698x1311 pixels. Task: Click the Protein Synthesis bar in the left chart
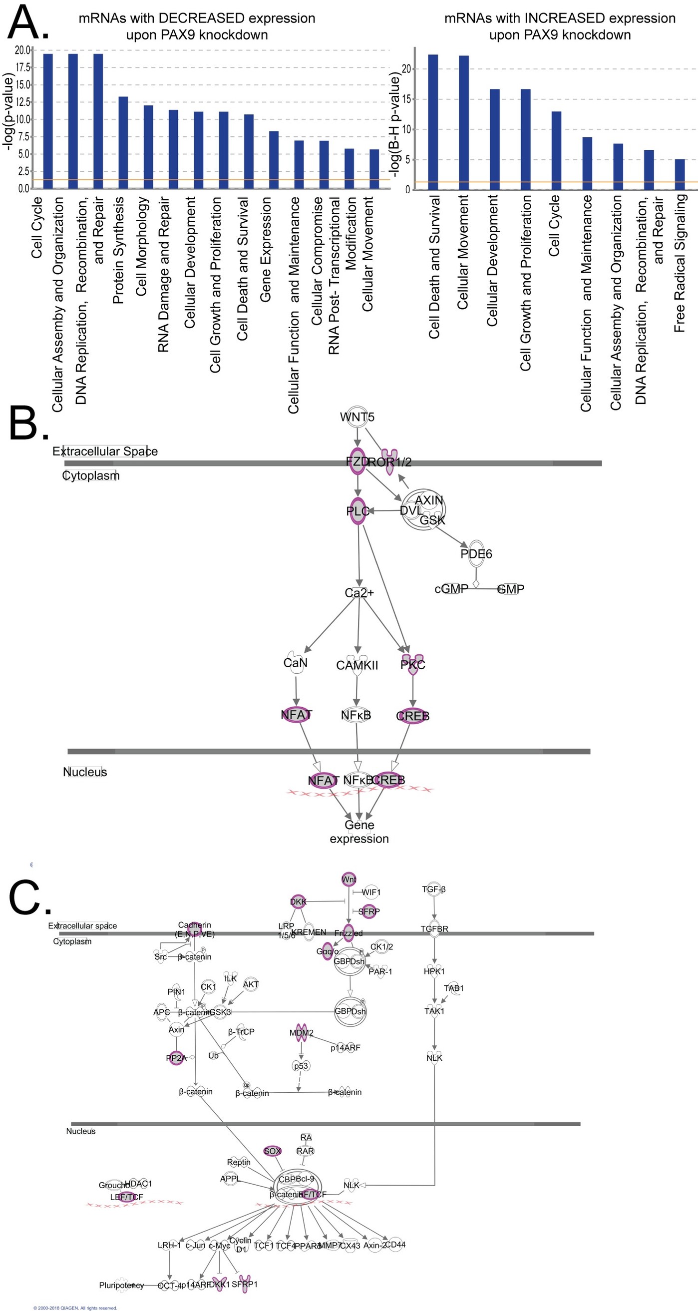[x=123, y=142]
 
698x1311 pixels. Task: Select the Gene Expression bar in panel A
[x=274, y=160]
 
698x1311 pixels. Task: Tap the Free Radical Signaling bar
[x=680, y=174]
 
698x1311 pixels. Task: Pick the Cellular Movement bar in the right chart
[x=463, y=122]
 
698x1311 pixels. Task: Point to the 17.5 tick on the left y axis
[x=23, y=67]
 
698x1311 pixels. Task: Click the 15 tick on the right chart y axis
[x=406, y=99]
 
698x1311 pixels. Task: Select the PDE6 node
[x=476, y=554]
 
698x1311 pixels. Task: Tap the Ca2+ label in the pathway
[x=359, y=593]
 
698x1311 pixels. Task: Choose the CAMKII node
[x=357, y=665]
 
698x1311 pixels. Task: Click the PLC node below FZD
[x=357, y=511]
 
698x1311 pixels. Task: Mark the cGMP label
[x=451, y=589]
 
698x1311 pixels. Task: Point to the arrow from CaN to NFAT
[x=296, y=689]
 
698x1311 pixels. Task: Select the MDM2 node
[x=301, y=1033]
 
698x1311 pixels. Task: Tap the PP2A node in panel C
[x=176, y=1058]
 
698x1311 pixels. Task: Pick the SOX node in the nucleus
[x=272, y=1151]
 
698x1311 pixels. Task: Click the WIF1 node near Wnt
[x=371, y=892]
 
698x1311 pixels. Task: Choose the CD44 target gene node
[x=395, y=1245]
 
